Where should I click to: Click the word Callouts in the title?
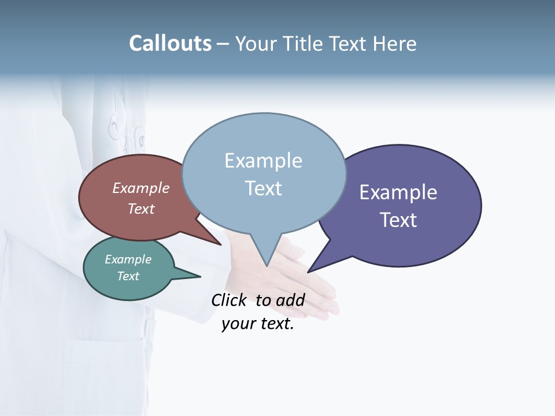pos(170,43)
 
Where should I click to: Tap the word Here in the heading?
pos(395,44)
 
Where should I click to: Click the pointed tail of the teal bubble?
pos(191,276)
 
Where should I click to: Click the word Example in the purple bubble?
pos(398,192)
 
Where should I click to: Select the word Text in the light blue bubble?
pos(264,188)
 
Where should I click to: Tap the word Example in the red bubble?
pos(141,188)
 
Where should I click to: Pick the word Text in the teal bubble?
pos(128,276)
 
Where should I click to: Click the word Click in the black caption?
pos(229,300)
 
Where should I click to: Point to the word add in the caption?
pos(290,300)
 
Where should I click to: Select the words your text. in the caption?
pos(258,324)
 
